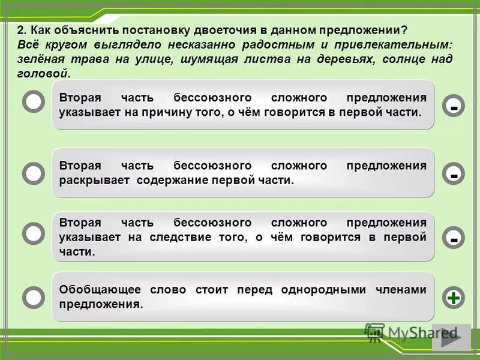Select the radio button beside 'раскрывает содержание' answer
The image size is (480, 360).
click(x=34, y=173)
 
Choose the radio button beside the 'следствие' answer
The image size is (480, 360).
click(x=34, y=233)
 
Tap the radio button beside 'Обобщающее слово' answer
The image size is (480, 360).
click(x=34, y=296)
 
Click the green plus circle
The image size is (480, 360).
click(x=454, y=297)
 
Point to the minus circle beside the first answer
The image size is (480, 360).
click(x=454, y=106)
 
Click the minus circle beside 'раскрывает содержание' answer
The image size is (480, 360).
click(x=454, y=174)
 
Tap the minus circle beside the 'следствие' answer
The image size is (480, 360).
click(x=454, y=238)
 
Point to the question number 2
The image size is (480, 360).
click(x=20, y=31)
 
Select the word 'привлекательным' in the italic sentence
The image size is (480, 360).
click(x=401, y=45)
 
